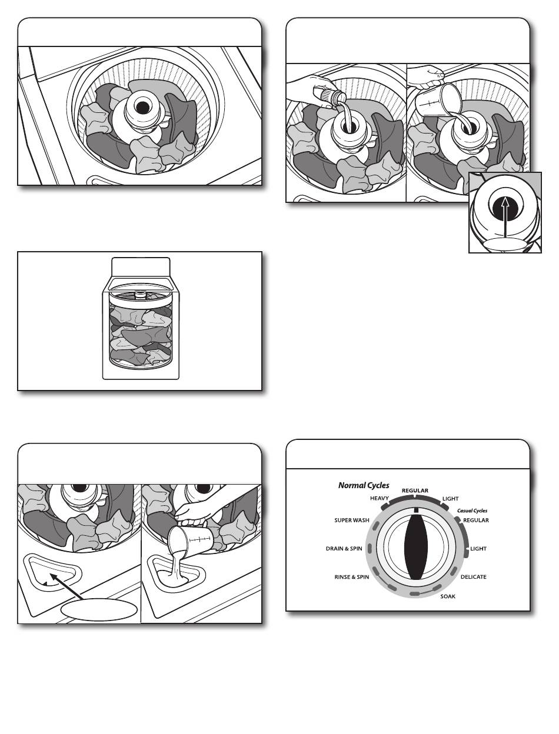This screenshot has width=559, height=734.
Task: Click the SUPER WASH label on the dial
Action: point(352,520)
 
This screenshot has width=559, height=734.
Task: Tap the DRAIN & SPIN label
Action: point(344,548)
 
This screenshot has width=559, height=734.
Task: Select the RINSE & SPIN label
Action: point(352,577)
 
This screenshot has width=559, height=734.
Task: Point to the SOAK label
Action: point(448,596)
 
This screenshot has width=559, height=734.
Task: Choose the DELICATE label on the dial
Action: point(473,577)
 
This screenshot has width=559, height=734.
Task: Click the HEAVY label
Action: point(380,498)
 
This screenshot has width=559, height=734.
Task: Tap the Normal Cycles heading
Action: point(364,485)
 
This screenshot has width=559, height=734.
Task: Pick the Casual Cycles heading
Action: point(472,511)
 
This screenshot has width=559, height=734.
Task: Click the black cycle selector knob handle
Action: point(416,548)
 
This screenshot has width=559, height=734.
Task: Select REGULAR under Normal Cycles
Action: point(415,491)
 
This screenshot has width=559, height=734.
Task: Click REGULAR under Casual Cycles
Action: point(475,521)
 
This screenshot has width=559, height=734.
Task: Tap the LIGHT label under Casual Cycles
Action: point(478,549)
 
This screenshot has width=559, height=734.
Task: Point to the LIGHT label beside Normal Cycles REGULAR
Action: point(450,499)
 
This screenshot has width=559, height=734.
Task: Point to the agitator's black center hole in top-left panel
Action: point(142,108)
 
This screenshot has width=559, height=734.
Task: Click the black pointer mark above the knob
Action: point(416,510)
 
